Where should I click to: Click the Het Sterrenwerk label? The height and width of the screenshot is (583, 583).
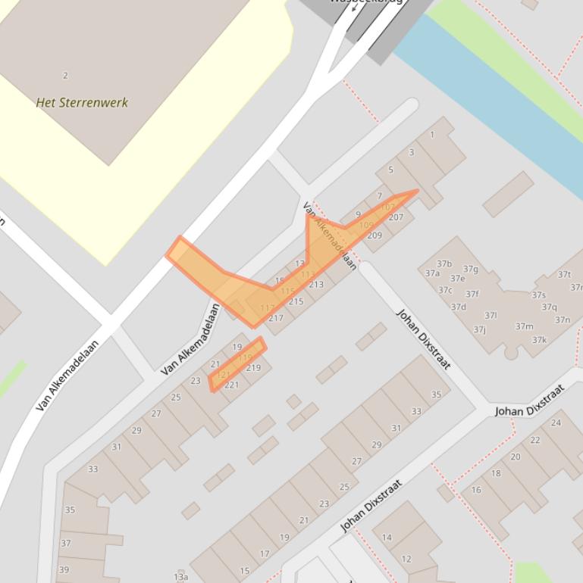click(x=82, y=102)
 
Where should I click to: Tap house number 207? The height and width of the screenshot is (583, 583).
click(x=396, y=217)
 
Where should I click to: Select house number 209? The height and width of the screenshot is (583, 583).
click(x=375, y=235)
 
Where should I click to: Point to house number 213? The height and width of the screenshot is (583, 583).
click(x=316, y=285)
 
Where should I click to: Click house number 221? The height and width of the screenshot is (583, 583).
click(x=231, y=385)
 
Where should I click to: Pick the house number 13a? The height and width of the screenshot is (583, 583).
click(x=180, y=577)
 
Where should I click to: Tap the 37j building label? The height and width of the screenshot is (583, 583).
click(x=479, y=329)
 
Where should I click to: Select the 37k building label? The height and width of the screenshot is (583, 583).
click(x=539, y=340)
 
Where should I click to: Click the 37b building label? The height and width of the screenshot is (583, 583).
click(x=444, y=264)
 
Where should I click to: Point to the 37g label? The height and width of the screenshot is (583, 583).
click(x=471, y=269)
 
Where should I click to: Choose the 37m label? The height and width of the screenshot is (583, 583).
click(x=524, y=326)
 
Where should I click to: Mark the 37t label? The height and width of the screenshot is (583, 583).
click(x=564, y=275)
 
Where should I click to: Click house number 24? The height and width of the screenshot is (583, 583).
click(x=556, y=422)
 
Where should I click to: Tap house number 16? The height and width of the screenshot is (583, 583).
click(x=476, y=490)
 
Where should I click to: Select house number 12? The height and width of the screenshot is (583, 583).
click(x=406, y=559)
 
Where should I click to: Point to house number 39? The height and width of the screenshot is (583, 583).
click(x=64, y=569)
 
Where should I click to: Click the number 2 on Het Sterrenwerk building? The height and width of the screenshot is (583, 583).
click(x=65, y=76)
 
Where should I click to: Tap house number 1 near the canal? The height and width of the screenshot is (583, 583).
click(x=432, y=135)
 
